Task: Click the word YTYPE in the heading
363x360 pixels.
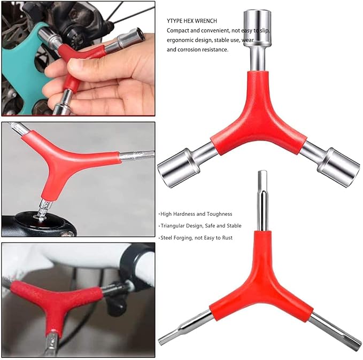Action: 176,21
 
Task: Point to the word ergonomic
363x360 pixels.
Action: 182,40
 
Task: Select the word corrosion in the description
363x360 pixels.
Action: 195,50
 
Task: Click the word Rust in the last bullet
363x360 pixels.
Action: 226,237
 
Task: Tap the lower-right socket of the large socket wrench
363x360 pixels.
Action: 337,167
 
